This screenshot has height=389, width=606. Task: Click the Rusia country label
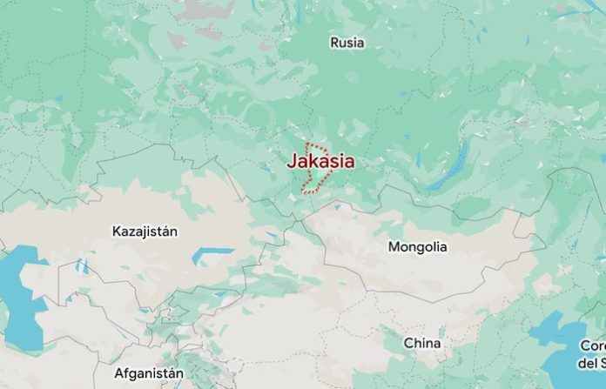click(x=347, y=42)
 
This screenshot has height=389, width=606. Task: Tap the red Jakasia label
click(x=320, y=161)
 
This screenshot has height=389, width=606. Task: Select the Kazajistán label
click(x=145, y=231)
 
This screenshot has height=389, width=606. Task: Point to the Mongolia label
click(x=417, y=247)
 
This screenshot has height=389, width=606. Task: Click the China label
click(x=421, y=343)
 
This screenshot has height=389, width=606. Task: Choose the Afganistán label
click(x=149, y=373)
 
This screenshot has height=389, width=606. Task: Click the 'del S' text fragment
click(x=593, y=362)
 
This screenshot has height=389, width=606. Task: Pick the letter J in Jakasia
click(x=292, y=161)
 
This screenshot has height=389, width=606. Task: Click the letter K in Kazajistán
click(x=117, y=231)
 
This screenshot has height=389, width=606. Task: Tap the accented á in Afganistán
click(x=172, y=373)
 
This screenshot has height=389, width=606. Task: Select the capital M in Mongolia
click(x=394, y=247)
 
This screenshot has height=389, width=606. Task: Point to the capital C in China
click(x=407, y=343)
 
